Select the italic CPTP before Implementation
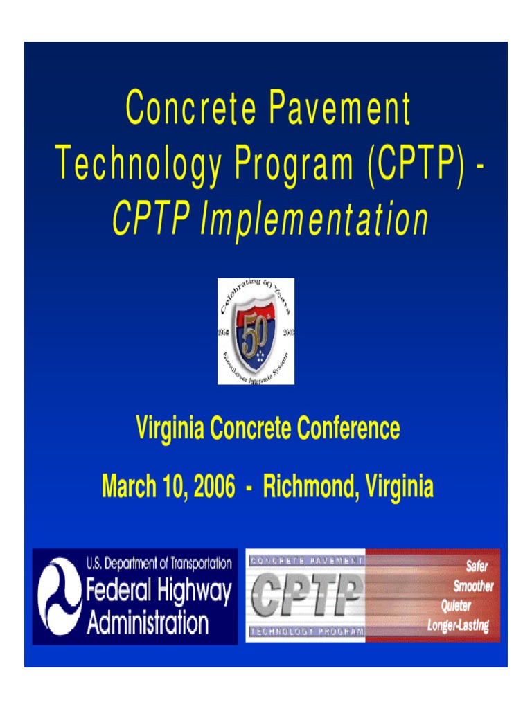tap(151, 219)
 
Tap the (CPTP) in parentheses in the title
tap(416, 165)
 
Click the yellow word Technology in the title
tap(134, 167)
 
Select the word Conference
tap(348, 429)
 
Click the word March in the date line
tap(130, 487)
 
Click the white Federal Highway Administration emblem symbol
tap(60, 596)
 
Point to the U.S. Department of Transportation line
tap(159, 564)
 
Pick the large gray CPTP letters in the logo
tap(307, 595)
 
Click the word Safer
tap(477, 566)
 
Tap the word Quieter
tap(456, 606)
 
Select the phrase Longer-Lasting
tap(458, 626)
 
